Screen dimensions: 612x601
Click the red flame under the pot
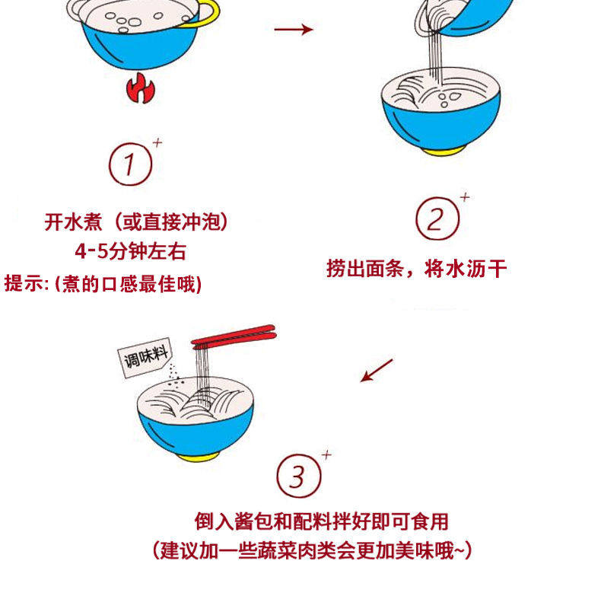(x=141, y=90)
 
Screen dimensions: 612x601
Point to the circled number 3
(x=297, y=477)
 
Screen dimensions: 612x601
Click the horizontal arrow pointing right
(x=293, y=30)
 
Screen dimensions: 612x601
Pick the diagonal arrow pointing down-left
(x=377, y=370)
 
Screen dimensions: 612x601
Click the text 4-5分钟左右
(x=130, y=252)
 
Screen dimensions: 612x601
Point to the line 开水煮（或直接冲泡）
(x=136, y=222)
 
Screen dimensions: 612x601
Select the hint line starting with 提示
(x=103, y=284)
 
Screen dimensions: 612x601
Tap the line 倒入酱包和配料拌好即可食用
(x=321, y=521)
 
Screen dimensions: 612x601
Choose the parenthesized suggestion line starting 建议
(x=311, y=550)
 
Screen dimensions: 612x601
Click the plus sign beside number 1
(x=157, y=142)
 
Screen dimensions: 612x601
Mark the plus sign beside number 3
(x=326, y=455)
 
